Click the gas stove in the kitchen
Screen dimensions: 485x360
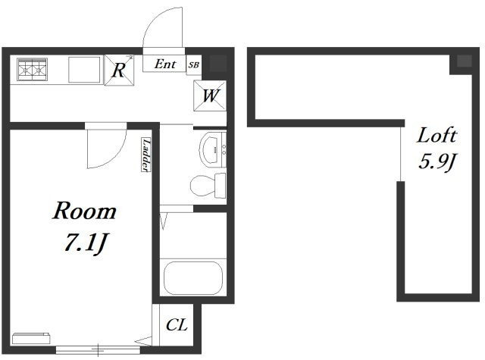(32, 69)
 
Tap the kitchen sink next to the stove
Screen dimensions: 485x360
(84, 70)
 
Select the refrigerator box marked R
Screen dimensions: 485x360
(120, 70)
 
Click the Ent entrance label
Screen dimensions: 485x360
(165, 64)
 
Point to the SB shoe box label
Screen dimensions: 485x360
(194, 65)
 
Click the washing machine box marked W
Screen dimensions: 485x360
(210, 95)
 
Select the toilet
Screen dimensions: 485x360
(208, 185)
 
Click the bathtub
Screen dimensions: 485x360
(193, 278)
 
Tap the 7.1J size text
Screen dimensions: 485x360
(86, 243)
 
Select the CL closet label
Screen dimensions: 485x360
(177, 324)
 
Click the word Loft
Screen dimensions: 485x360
(436, 135)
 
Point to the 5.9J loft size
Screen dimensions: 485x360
(437, 161)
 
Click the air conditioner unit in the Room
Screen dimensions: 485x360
(31, 338)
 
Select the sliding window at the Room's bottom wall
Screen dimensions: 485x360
(98, 350)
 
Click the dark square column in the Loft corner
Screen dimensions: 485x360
(464, 61)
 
